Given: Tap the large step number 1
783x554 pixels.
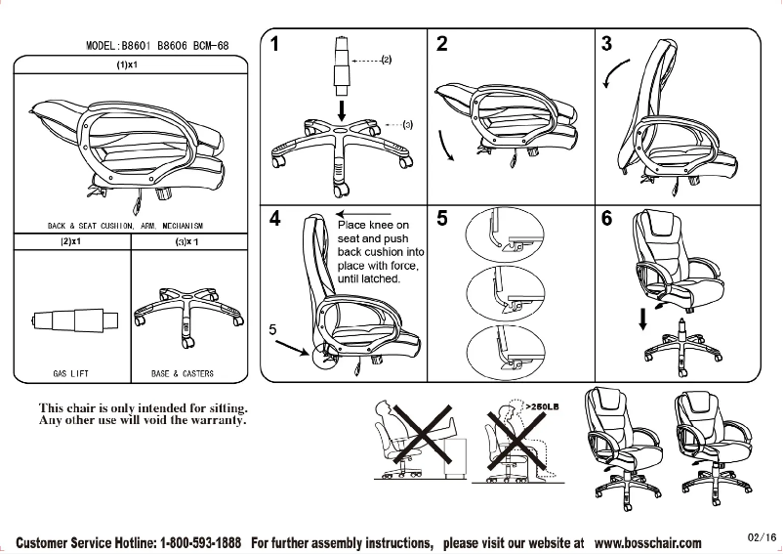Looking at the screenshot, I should click(278, 44).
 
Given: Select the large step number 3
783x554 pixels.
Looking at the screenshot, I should click(607, 44).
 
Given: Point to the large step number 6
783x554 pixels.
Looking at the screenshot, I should click(607, 219).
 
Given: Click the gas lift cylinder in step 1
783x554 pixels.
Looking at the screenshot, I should click(342, 64).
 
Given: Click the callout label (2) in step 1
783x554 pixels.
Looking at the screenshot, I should click(386, 61).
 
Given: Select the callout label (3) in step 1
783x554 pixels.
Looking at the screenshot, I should click(407, 125).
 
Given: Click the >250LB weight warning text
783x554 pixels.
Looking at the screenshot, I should click(543, 405).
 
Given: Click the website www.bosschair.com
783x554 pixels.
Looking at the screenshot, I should click(647, 542).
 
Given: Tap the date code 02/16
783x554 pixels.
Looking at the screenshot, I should click(762, 536).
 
